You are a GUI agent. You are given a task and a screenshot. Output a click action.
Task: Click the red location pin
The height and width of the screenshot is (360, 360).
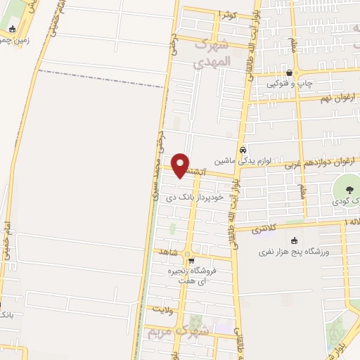click(x=181, y=165)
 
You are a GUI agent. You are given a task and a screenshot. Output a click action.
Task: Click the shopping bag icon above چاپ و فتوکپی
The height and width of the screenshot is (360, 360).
click(x=290, y=73)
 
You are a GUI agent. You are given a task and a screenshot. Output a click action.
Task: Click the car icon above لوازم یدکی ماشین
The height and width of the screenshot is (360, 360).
click(x=243, y=150)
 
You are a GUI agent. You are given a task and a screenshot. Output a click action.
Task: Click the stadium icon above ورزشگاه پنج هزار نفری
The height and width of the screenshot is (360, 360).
click(x=284, y=242)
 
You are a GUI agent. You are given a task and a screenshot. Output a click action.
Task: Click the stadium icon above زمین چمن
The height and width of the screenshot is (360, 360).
click(x=13, y=29)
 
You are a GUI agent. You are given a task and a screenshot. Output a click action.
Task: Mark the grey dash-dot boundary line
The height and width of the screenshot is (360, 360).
click(x=98, y=79)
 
